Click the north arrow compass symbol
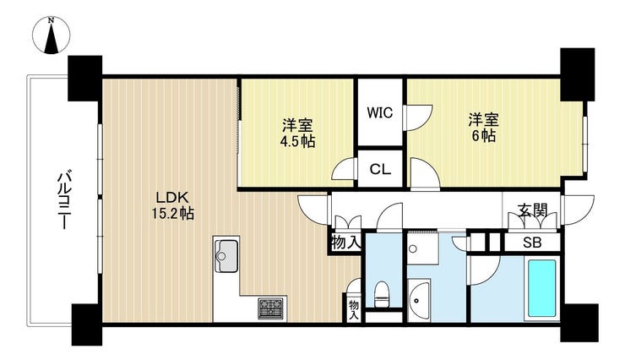(52, 35)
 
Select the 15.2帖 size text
(172, 214)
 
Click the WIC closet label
(380, 112)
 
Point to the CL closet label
(380, 169)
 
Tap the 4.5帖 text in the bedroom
(297, 141)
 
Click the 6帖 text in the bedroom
(483, 136)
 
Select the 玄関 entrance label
(532, 210)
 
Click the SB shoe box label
(532, 243)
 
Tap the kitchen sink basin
(226, 255)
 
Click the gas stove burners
(272, 308)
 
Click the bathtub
(541, 288)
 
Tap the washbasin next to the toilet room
(419, 301)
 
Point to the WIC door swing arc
(418, 117)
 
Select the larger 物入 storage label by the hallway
(345, 242)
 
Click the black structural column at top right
(578, 74)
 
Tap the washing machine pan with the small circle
(423, 248)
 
